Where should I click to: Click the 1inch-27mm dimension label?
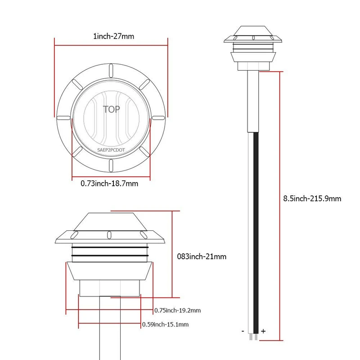113,36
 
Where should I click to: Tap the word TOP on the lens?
111,109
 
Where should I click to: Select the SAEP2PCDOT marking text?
111,150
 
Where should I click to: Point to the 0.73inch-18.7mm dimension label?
109,184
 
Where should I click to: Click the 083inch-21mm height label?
202,256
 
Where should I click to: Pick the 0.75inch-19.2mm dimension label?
177,310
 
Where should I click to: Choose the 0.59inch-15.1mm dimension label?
165,324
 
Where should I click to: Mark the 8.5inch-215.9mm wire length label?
312,198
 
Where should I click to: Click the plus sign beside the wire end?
263,331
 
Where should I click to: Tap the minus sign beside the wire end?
243,331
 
